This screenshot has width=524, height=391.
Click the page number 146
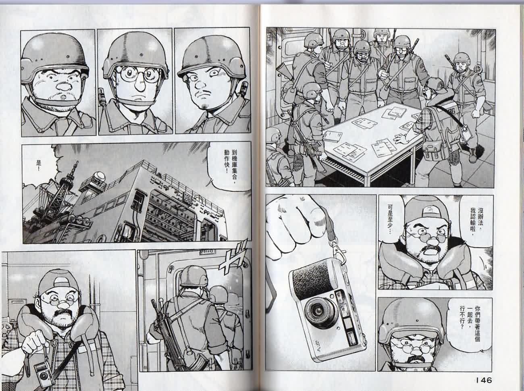point(480,379)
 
